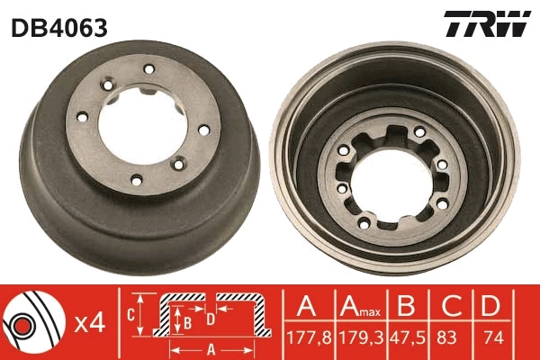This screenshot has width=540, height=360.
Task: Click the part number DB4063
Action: click(59, 28)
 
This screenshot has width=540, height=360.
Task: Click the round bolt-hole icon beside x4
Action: click(31, 319)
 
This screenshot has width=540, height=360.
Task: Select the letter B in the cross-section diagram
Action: click(186, 319)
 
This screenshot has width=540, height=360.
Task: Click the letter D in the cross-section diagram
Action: click(209, 319)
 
